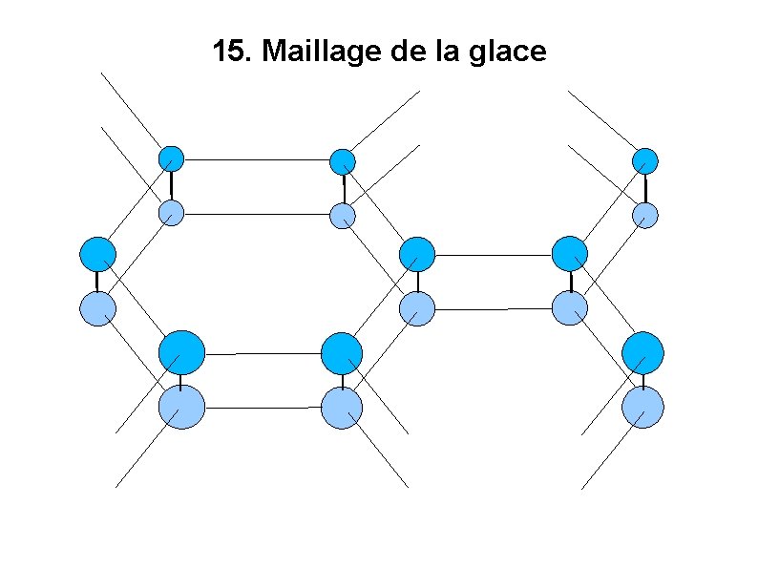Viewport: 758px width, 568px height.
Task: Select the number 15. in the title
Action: (x=233, y=52)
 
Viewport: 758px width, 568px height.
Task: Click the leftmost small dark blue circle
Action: (x=170, y=158)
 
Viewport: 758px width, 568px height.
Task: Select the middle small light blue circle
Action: (x=343, y=216)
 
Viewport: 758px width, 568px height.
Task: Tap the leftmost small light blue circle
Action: (x=170, y=212)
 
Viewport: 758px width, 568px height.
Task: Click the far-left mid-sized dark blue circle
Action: (x=97, y=255)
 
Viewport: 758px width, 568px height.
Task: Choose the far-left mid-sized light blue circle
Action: (x=97, y=307)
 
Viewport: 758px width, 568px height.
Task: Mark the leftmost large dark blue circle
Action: (x=181, y=352)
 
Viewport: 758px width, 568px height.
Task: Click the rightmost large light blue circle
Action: (x=642, y=406)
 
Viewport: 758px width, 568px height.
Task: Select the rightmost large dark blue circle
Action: (x=642, y=352)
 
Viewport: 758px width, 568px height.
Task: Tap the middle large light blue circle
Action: (x=342, y=408)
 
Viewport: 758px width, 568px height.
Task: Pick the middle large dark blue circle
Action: (x=342, y=353)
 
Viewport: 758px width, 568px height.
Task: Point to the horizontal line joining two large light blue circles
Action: (x=262, y=408)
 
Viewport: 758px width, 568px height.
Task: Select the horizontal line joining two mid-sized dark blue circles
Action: (x=494, y=255)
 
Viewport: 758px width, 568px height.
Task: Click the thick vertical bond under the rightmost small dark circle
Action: (x=645, y=187)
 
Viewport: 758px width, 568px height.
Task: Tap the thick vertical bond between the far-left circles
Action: (x=97, y=282)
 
